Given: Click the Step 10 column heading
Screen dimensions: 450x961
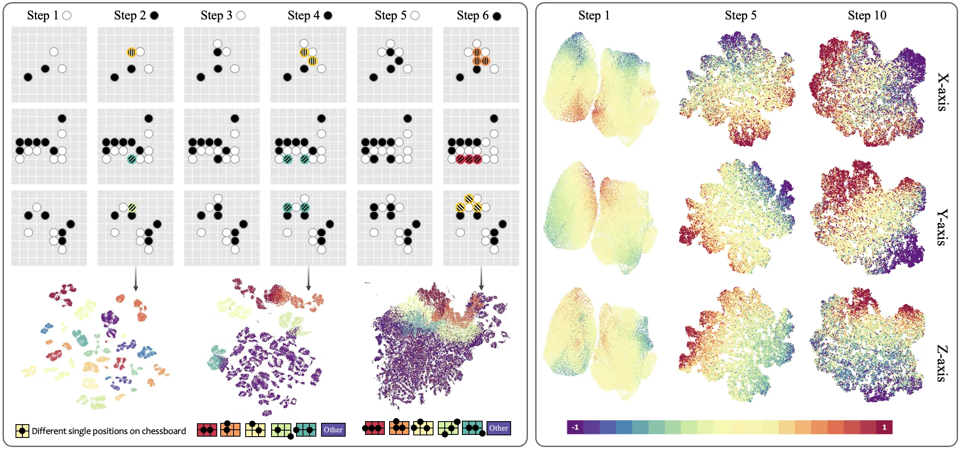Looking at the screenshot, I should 867,16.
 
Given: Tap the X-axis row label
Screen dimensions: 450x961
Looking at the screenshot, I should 943,92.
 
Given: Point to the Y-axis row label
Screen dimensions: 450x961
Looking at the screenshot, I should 943,227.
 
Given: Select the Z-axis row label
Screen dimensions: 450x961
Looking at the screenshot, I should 943,363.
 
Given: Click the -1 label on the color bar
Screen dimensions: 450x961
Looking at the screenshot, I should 575,427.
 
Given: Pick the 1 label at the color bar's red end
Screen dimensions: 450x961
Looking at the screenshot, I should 884,427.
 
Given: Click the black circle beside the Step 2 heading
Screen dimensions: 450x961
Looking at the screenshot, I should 154,16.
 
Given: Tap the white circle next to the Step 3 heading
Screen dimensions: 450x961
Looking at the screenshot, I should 241,16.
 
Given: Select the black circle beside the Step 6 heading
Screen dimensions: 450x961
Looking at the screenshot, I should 497,16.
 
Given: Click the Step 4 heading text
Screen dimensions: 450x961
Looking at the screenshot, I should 304,16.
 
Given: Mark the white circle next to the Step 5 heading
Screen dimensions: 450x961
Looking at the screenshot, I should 415,16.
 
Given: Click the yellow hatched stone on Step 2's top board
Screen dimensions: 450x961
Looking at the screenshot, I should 131,52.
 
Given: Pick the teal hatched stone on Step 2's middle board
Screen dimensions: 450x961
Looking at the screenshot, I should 132,159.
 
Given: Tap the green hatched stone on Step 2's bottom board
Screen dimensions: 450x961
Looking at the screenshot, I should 132,207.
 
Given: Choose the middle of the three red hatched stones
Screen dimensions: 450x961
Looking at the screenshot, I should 469,159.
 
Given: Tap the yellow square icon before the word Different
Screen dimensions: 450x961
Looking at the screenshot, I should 22,431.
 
